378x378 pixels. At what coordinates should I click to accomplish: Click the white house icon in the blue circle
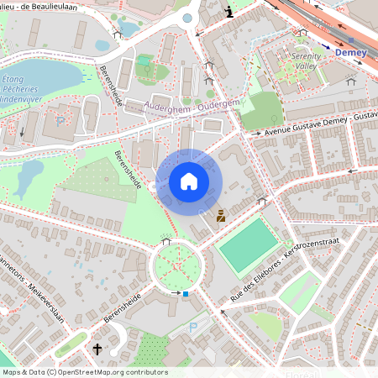[x=189, y=181]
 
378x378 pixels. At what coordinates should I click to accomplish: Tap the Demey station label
[x=350, y=52]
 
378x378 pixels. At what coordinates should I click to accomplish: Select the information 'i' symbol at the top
[x=230, y=11]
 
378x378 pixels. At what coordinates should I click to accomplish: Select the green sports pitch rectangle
[x=248, y=245]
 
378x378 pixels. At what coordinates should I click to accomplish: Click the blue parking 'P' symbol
[x=194, y=328]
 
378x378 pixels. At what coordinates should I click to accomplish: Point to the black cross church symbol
[x=97, y=349]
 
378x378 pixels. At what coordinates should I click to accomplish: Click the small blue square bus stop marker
[x=186, y=294]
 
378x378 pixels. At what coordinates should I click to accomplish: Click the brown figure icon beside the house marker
[x=221, y=216]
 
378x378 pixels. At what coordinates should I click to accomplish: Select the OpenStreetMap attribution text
[x=84, y=371]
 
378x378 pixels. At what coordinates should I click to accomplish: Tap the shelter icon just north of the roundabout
[x=165, y=241]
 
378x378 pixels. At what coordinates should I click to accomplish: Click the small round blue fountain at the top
[x=187, y=18]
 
